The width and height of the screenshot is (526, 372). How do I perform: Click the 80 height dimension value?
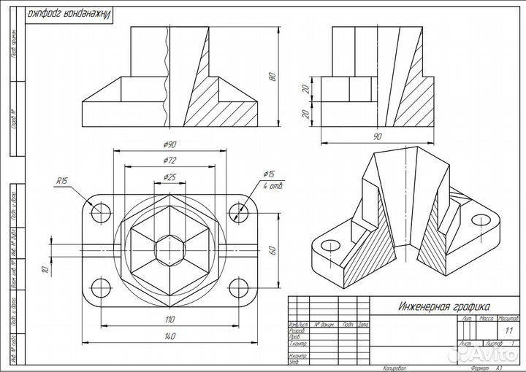point(272,77)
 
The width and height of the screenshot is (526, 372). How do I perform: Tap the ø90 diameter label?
point(169,143)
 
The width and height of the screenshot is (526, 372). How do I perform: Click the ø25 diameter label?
point(169,177)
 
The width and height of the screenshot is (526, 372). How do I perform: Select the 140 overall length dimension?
point(169,336)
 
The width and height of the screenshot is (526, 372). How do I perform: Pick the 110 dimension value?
point(169,319)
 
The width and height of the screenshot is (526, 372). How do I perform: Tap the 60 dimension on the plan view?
point(272,249)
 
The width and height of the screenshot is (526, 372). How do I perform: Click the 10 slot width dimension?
point(45,270)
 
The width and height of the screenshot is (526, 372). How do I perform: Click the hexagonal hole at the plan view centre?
point(169,249)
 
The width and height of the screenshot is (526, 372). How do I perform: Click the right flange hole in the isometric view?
point(480,219)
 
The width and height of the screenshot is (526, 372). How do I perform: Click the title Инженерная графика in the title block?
point(443,307)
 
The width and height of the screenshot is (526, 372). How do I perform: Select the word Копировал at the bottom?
point(394,368)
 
